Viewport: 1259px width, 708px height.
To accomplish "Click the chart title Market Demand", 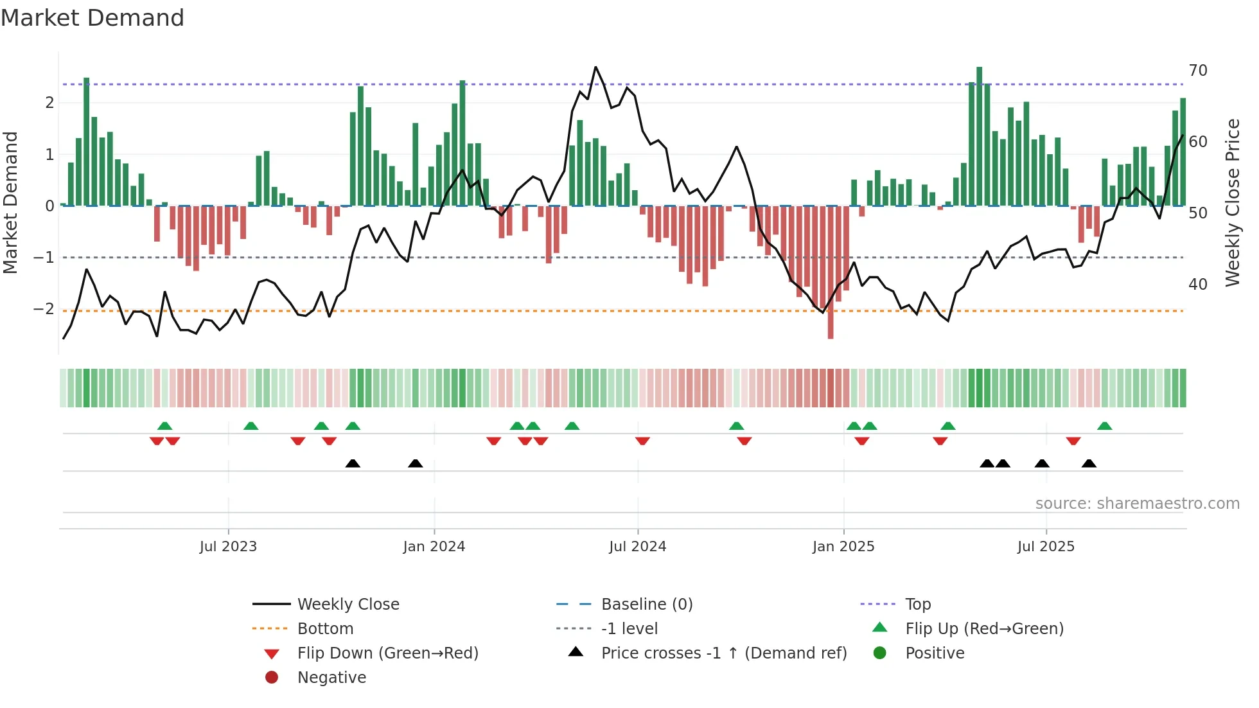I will point(92,18).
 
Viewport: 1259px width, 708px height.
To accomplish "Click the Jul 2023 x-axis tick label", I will point(228,547).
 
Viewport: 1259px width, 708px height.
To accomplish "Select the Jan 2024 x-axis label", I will point(434,547).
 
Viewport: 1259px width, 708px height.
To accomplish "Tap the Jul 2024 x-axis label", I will point(637,547).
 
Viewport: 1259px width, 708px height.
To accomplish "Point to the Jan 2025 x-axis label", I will point(843,547).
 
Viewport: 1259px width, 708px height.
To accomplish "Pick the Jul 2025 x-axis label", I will point(1046,547).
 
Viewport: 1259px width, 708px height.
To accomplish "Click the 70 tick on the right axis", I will point(1198,71).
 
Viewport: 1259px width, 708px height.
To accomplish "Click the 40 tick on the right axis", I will point(1198,284).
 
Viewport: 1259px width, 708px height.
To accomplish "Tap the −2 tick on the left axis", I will point(44,309).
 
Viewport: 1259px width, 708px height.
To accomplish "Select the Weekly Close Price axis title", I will point(1232,202).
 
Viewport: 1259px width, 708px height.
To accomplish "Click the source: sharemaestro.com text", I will point(1137,504).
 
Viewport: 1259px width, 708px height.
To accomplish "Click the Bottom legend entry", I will point(325,629).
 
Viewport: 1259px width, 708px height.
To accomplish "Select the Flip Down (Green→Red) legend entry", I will point(387,653).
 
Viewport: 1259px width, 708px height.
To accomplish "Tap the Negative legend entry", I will point(331,678).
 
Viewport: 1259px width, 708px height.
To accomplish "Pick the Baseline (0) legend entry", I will point(646,605).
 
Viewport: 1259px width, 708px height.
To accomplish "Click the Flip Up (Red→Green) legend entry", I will point(984,629).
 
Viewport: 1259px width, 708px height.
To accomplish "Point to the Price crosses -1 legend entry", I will point(723,653).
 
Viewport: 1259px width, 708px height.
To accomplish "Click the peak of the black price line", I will point(595,67).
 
